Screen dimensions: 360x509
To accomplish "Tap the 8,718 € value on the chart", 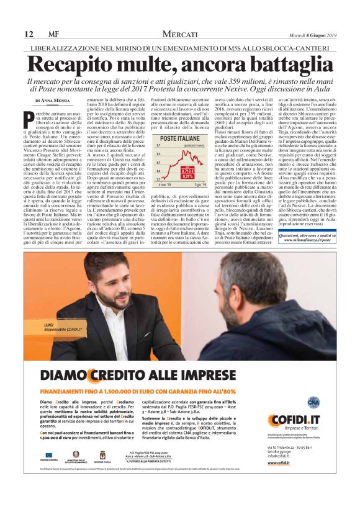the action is [189, 169].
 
